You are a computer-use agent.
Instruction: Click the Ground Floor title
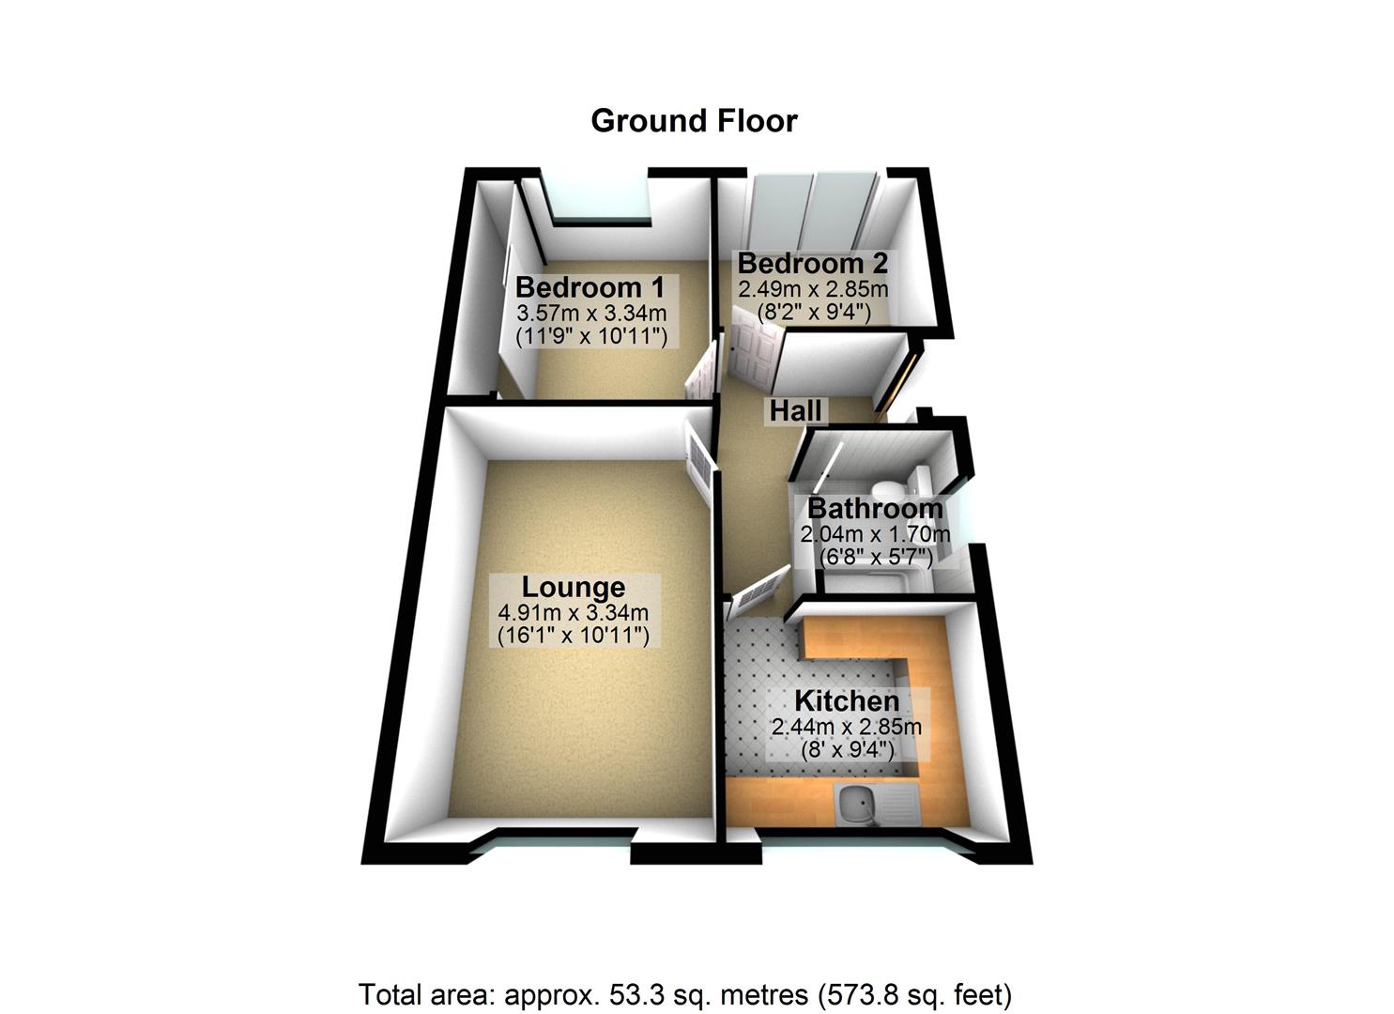tap(694, 121)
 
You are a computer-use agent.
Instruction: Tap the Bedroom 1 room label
tap(590, 286)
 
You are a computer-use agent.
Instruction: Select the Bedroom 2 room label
tap(812, 263)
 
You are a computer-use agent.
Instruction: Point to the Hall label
tap(796, 410)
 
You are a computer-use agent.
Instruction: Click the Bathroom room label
tap(874, 509)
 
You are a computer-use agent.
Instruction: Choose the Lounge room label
tap(573, 587)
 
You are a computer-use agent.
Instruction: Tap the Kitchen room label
tap(846, 701)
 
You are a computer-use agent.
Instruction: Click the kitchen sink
tap(856, 806)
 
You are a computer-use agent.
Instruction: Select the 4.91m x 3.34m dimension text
tap(573, 613)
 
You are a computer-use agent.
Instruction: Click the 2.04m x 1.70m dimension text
tap(874, 534)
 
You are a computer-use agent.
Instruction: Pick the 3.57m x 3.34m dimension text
tap(590, 313)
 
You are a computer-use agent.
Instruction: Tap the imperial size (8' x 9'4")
tap(847, 750)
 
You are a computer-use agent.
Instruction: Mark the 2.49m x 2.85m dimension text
tap(813, 288)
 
